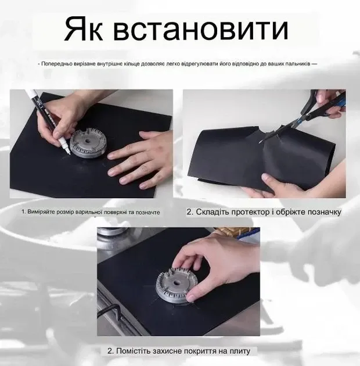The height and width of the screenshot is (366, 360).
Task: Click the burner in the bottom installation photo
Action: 174,286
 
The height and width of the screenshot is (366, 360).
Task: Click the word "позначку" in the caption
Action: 322,213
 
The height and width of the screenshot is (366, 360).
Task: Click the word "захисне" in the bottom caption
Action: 172,351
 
